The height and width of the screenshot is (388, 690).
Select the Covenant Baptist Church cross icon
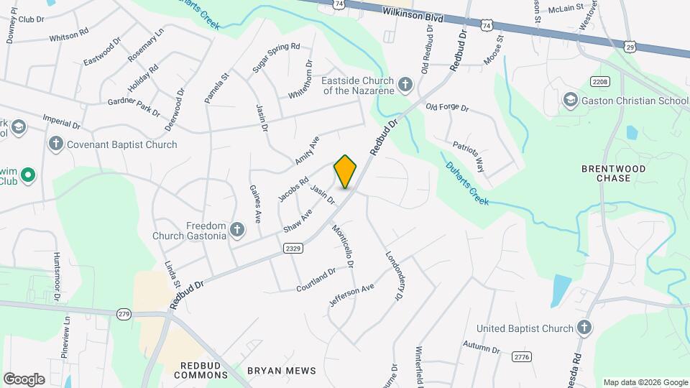tap(56, 144)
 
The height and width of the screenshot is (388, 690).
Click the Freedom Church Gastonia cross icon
tap(236, 231)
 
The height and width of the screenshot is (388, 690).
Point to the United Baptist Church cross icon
tap(584, 328)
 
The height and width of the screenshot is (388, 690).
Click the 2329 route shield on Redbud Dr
tap(293, 248)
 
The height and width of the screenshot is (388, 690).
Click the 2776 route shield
tap(522, 356)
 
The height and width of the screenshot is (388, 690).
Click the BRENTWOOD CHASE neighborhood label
tap(613, 173)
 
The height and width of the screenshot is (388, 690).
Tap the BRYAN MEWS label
tap(281, 371)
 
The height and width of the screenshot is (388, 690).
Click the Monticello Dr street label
tap(343, 246)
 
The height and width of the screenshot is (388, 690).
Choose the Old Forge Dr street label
tap(447, 108)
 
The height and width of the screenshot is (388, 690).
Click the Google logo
tap(24, 379)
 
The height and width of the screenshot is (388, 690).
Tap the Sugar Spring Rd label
tap(275, 57)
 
